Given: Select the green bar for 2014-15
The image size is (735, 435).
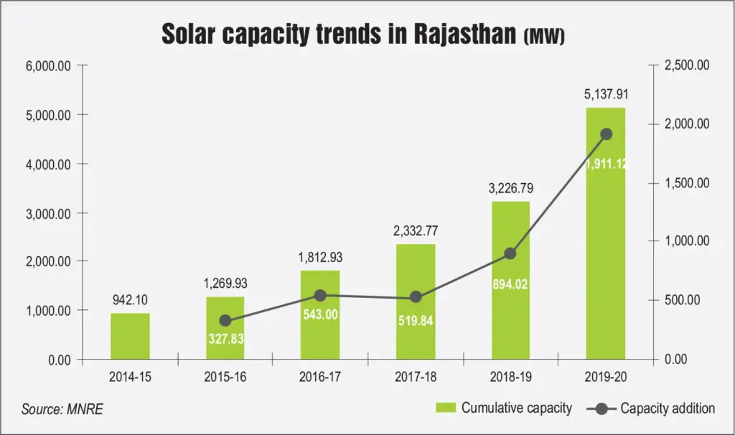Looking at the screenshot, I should pyautogui.click(x=130, y=336).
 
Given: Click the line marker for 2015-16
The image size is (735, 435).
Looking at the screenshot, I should pyautogui.click(x=225, y=320).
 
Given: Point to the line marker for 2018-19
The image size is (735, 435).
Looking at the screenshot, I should pyautogui.click(x=510, y=253).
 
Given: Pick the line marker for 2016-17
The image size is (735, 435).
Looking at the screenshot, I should pyautogui.click(x=320, y=295).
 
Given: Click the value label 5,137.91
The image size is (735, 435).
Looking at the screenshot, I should pyautogui.click(x=606, y=94).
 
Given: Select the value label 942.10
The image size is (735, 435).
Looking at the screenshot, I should pyautogui.click(x=130, y=299).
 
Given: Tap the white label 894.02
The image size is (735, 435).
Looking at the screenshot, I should pyautogui.click(x=510, y=284).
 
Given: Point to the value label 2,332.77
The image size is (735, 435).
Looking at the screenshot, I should pyautogui.click(x=415, y=230).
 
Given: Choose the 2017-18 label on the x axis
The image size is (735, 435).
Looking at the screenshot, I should pyautogui.click(x=415, y=376).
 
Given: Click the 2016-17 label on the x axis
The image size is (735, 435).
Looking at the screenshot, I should pyautogui.click(x=320, y=376).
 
